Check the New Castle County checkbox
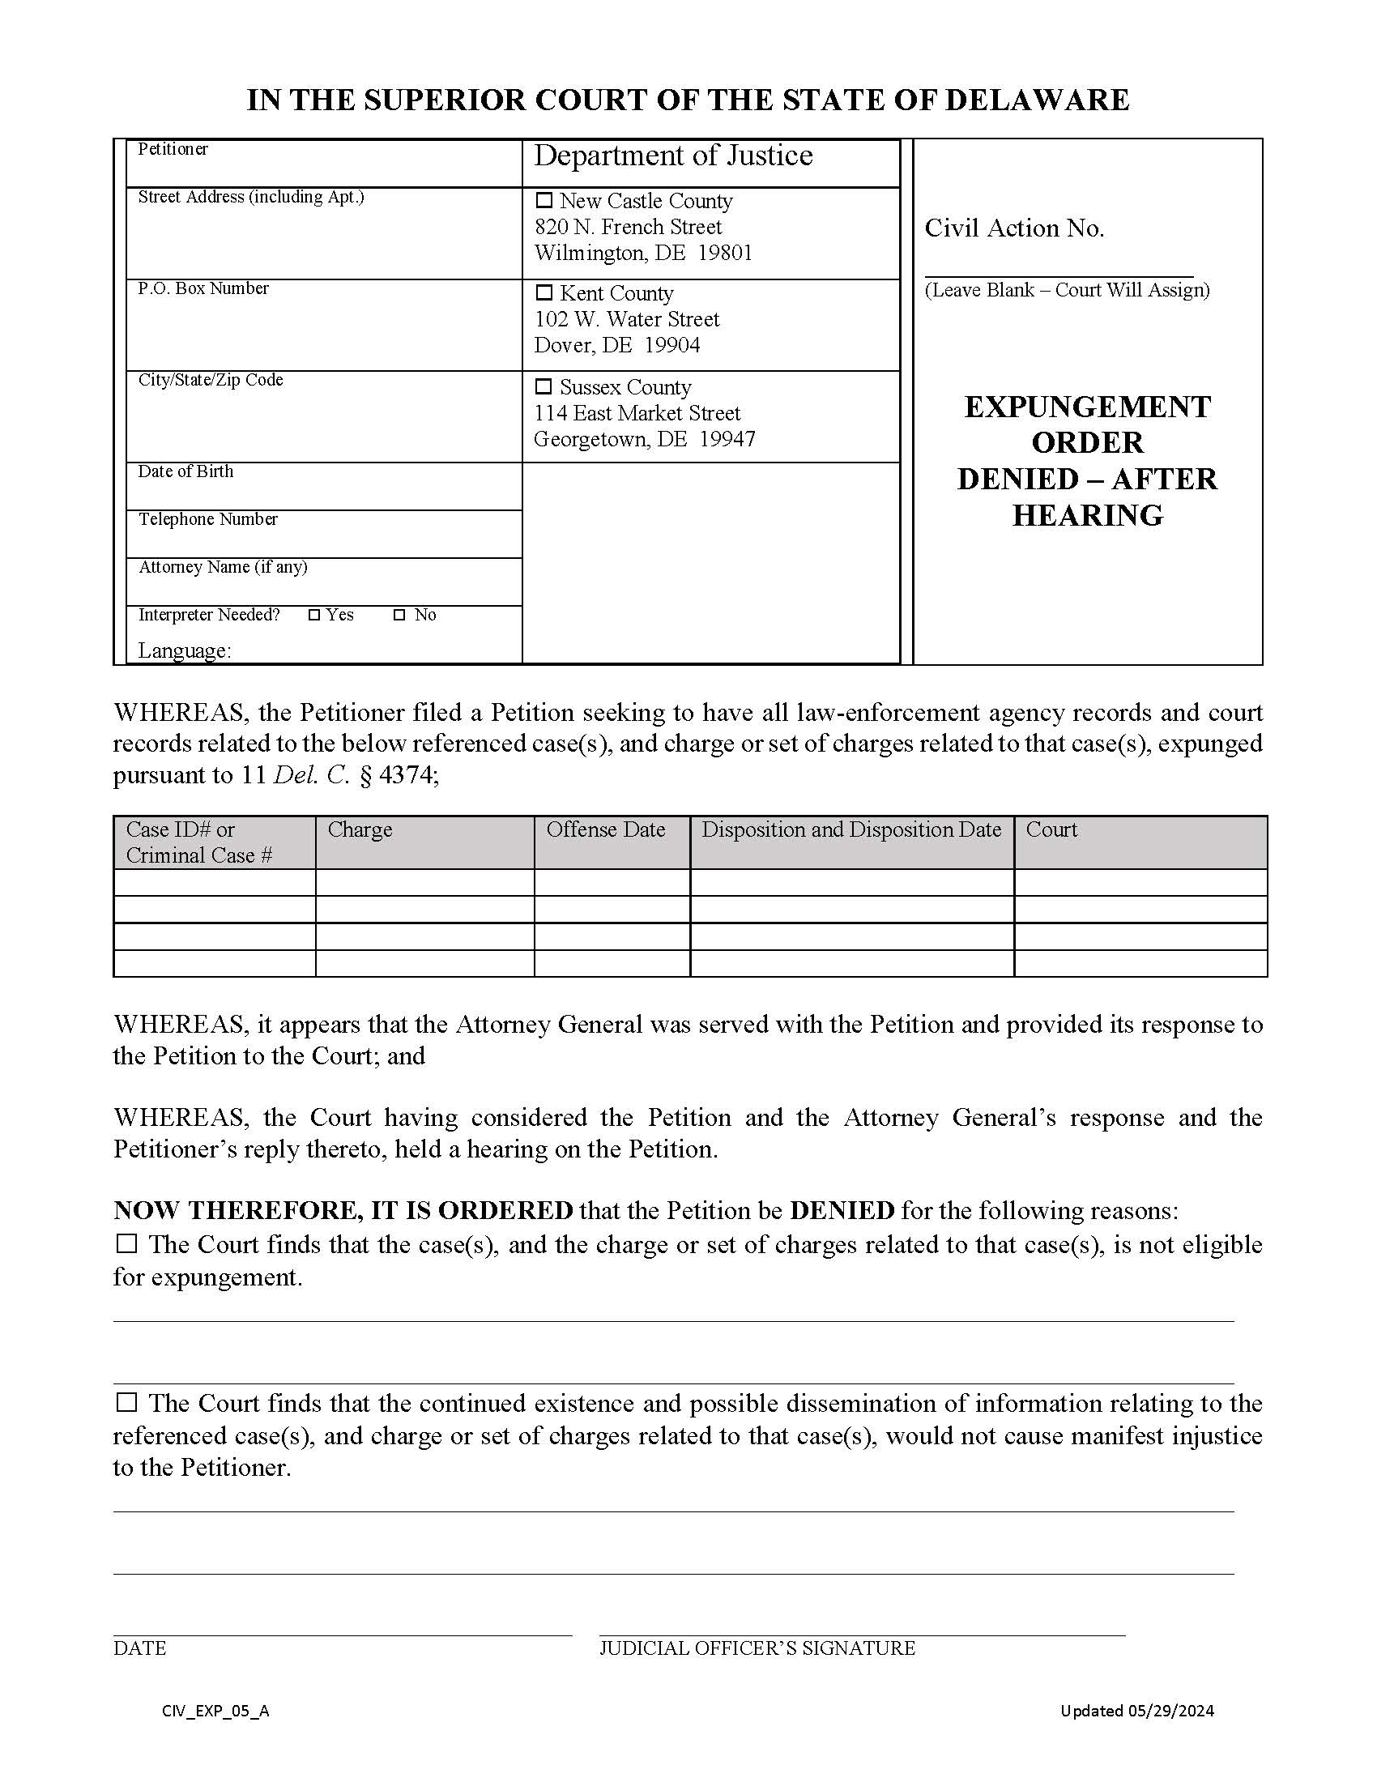tap(544, 200)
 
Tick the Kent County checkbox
tap(544, 292)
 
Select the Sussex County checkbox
tap(544, 386)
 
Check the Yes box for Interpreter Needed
tap(314, 616)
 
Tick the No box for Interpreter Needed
tap(399, 616)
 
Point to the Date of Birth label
tap(185, 471)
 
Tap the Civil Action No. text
tap(1014, 228)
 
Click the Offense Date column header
tap(605, 829)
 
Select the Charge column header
tap(360, 829)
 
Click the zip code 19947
tap(727, 439)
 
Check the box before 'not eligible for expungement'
tap(126, 1243)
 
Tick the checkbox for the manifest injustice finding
tap(126, 1402)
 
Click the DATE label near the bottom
tap(139, 1648)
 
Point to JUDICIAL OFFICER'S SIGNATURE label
tap(757, 1648)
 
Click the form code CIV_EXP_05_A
tap(215, 1712)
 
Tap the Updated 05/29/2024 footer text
tap(1137, 1711)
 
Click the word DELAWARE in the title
tap(1037, 100)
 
